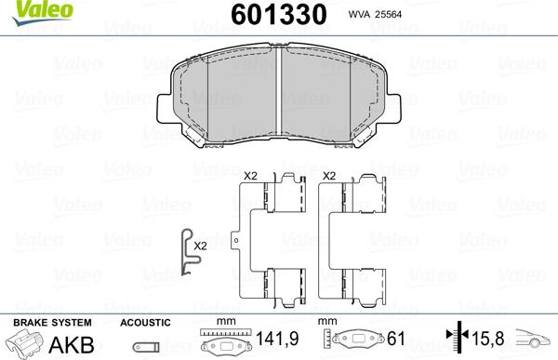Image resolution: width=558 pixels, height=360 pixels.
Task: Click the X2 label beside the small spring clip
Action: [x=200, y=246]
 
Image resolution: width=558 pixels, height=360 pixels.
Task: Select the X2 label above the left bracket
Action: [x=249, y=175]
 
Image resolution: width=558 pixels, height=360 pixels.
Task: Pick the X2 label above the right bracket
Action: [x=327, y=175]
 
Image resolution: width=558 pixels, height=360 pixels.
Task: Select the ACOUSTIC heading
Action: [x=145, y=322]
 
